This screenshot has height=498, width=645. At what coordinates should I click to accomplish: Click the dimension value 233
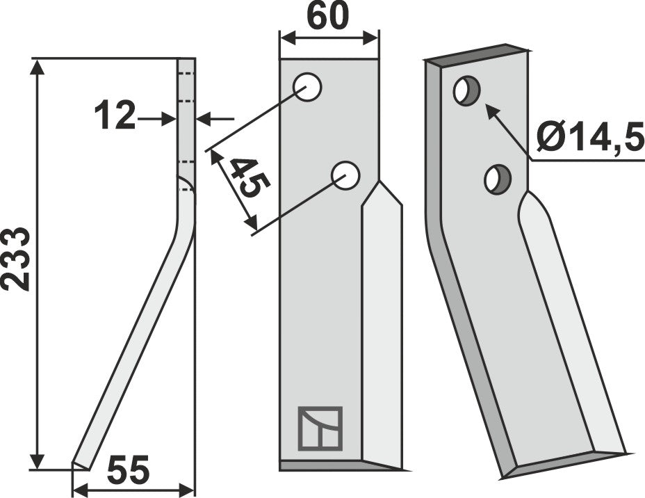(15, 258)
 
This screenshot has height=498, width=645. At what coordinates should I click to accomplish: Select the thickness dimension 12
(115, 115)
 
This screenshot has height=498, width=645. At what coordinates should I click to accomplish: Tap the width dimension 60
(328, 17)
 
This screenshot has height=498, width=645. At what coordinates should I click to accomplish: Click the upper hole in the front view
(307, 88)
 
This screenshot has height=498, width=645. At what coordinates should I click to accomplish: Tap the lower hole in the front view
(345, 175)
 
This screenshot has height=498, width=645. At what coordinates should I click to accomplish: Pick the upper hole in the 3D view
(466, 91)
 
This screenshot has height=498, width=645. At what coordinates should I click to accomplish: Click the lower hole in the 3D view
(498, 180)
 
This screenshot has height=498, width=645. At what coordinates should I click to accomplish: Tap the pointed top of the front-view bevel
(380, 184)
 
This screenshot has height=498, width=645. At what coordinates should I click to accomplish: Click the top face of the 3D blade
(476, 54)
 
